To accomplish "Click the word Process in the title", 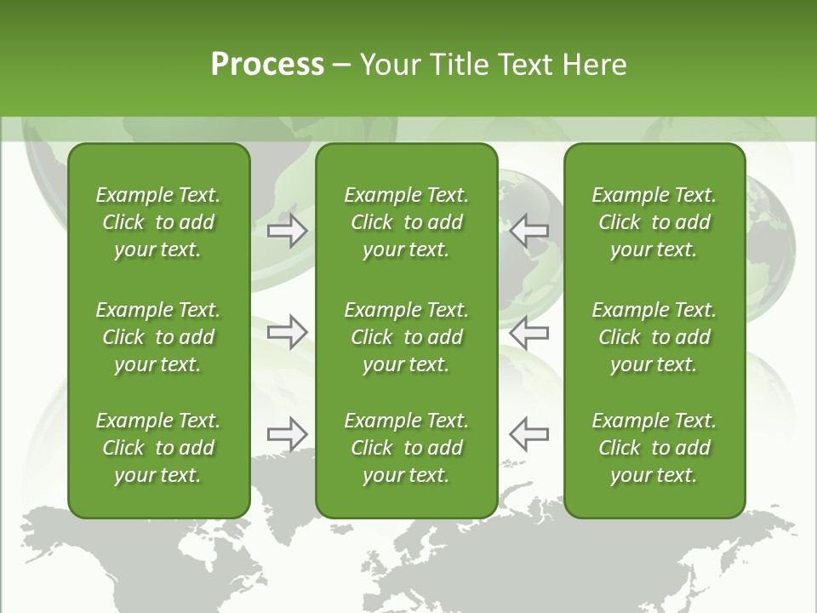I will pos(267,65).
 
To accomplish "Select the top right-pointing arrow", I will pos(287,231).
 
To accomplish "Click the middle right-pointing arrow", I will pos(287,332).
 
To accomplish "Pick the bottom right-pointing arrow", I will pos(287,434).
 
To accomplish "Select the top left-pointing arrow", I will pos(529,231).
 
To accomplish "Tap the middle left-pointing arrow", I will pos(529,332).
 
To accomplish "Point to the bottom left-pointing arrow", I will pos(529,434).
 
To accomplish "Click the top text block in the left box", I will pos(158,222).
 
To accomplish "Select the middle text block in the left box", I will pos(158,337).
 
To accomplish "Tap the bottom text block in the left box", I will pos(158,448).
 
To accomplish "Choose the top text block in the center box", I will pos(406,222).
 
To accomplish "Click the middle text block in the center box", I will pos(406,337).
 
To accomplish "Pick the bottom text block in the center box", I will pos(406,448).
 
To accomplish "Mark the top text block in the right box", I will pos(654,222).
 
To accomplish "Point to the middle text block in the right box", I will pos(654,337).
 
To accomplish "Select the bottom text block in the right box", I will pos(654,448).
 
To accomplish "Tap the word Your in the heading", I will pos(390,65).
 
